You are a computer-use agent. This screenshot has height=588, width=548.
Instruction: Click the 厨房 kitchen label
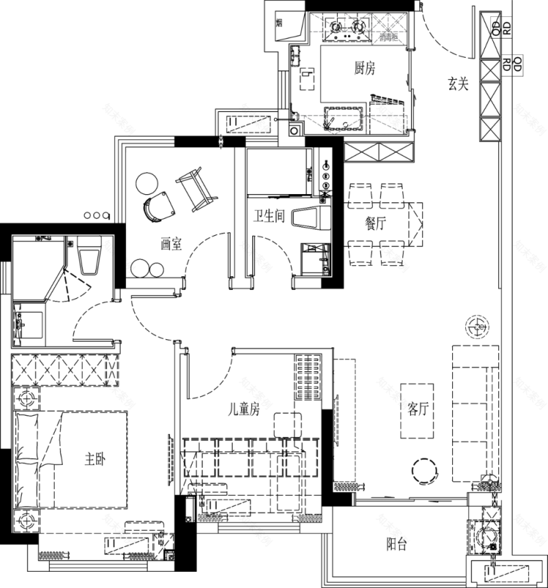pyautogui.click(x=365, y=68)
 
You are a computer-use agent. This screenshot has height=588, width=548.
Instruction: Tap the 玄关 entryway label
pyautogui.click(x=458, y=84)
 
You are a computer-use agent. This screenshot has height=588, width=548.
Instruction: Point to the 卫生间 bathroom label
pyautogui.click(x=268, y=216)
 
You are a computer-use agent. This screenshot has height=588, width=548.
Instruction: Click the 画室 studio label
pyautogui.click(x=171, y=245)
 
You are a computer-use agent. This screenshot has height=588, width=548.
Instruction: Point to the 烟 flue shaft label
pyautogui.click(x=279, y=24)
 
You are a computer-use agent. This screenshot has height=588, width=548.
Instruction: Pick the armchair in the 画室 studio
pyautogui.click(x=159, y=206)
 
